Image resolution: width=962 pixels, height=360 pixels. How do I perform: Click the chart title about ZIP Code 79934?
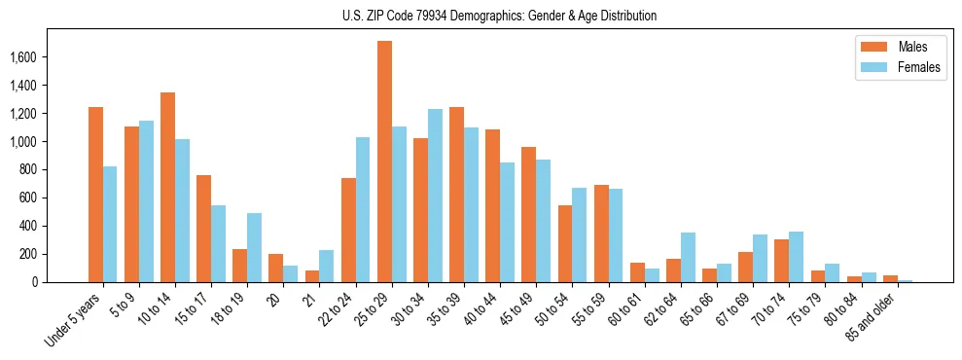pos(499,16)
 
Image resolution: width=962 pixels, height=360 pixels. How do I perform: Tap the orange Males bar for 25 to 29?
pos(384,162)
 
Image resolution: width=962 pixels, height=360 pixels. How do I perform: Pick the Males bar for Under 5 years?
pos(95,195)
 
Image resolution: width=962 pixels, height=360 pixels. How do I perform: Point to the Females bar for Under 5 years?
pos(110,224)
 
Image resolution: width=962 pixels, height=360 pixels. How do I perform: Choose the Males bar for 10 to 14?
pos(167,187)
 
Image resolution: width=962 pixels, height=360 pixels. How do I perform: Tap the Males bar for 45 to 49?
pos(528,214)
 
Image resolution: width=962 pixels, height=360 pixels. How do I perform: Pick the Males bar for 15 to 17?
pos(203,229)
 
